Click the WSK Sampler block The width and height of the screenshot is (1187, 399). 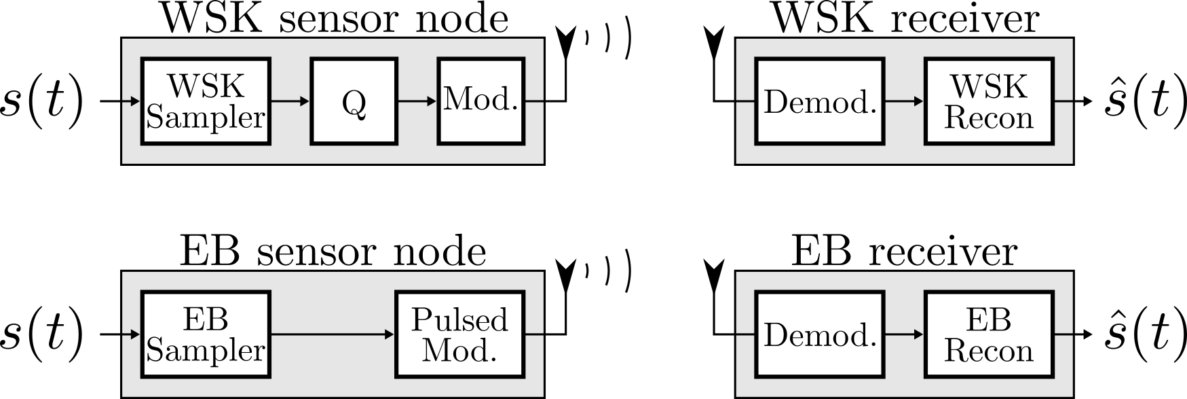206,101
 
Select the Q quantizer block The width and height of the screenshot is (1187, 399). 354,101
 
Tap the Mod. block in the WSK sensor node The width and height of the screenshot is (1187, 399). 481,101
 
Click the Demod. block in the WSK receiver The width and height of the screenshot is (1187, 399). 820,101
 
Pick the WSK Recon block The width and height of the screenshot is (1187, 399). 989,101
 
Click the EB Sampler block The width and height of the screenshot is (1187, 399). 206,334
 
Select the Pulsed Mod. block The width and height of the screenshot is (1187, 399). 459,334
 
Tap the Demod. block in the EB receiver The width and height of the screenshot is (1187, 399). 820,334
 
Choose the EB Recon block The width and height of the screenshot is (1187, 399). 989,334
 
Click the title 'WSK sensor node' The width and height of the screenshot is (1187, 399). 334,19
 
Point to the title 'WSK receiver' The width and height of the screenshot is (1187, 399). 906,19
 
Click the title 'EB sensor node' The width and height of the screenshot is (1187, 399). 333,252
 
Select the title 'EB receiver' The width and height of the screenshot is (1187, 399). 905,252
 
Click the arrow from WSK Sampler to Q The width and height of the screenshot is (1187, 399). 290,101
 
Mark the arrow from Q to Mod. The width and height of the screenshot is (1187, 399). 417,101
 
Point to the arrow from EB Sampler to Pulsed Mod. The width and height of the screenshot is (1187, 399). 333,334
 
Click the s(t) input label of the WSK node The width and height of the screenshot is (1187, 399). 42,102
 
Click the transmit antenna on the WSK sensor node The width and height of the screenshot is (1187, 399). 565,44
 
